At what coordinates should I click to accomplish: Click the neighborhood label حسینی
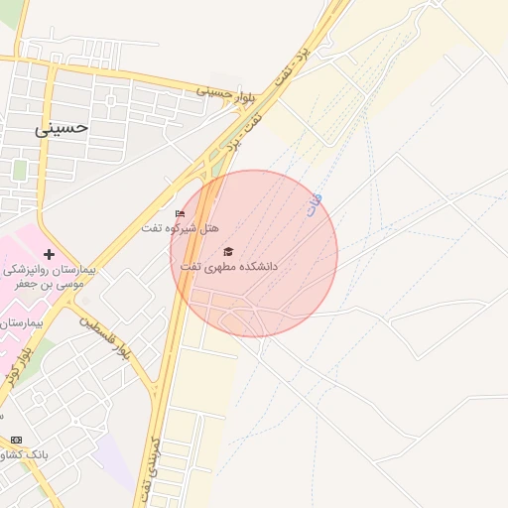pyautogui.click(x=62, y=127)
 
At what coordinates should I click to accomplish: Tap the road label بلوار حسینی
pyautogui.click(x=214, y=93)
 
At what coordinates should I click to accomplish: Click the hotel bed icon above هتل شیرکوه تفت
pyautogui.click(x=180, y=213)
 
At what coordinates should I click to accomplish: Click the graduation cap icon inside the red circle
pyautogui.click(x=228, y=252)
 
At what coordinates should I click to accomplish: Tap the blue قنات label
pyautogui.click(x=316, y=205)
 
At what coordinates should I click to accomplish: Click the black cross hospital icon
pyautogui.click(x=49, y=254)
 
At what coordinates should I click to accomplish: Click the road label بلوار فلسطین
pyautogui.click(x=108, y=337)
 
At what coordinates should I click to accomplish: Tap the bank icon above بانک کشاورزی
pyautogui.click(x=16, y=440)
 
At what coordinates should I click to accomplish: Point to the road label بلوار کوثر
pyautogui.click(x=11, y=363)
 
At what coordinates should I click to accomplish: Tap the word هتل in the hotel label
pyautogui.click(x=208, y=228)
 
